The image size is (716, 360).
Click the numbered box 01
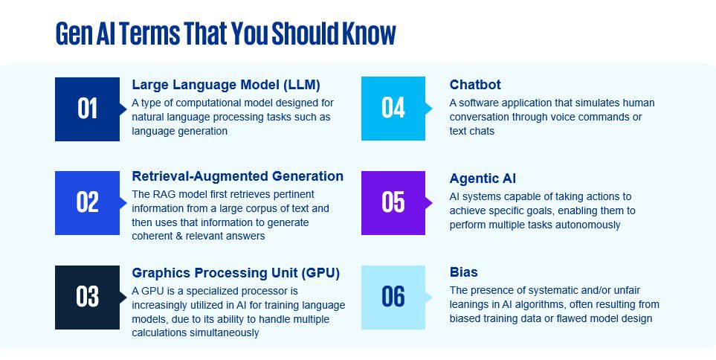pyautogui.click(x=87, y=109)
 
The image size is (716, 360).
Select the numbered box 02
pyautogui.click(x=87, y=203)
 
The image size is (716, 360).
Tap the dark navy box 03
pyautogui.click(x=87, y=298)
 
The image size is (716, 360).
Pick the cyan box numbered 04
pyautogui.click(x=393, y=109)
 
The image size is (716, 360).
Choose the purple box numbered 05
pyautogui.click(x=393, y=203)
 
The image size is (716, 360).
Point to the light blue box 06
pyautogui.click(x=393, y=298)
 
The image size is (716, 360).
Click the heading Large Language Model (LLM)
pyautogui.click(x=226, y=85)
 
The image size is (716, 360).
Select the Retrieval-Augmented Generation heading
pyautogui.click(x=237, y=176)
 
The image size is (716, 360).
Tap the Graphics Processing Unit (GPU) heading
pyautogui.click(x=236, y=273)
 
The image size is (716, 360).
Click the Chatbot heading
pyautogui.click(x=475, y=85)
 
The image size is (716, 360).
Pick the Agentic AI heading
pyautogui.click(x=483, y=179)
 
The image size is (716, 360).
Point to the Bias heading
pyautogui.click(x=463, y=271)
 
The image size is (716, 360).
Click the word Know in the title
pyautogui.click(x=370, y=33)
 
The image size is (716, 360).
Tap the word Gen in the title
pyautogui.click(x=74, y=33)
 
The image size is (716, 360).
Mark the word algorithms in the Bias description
pyautogui.click(x=538, y=305)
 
